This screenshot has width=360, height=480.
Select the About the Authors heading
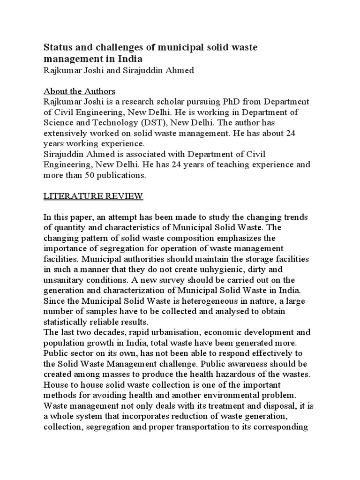pos(79,91)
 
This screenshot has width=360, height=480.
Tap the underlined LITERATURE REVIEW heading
pos(93,196)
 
